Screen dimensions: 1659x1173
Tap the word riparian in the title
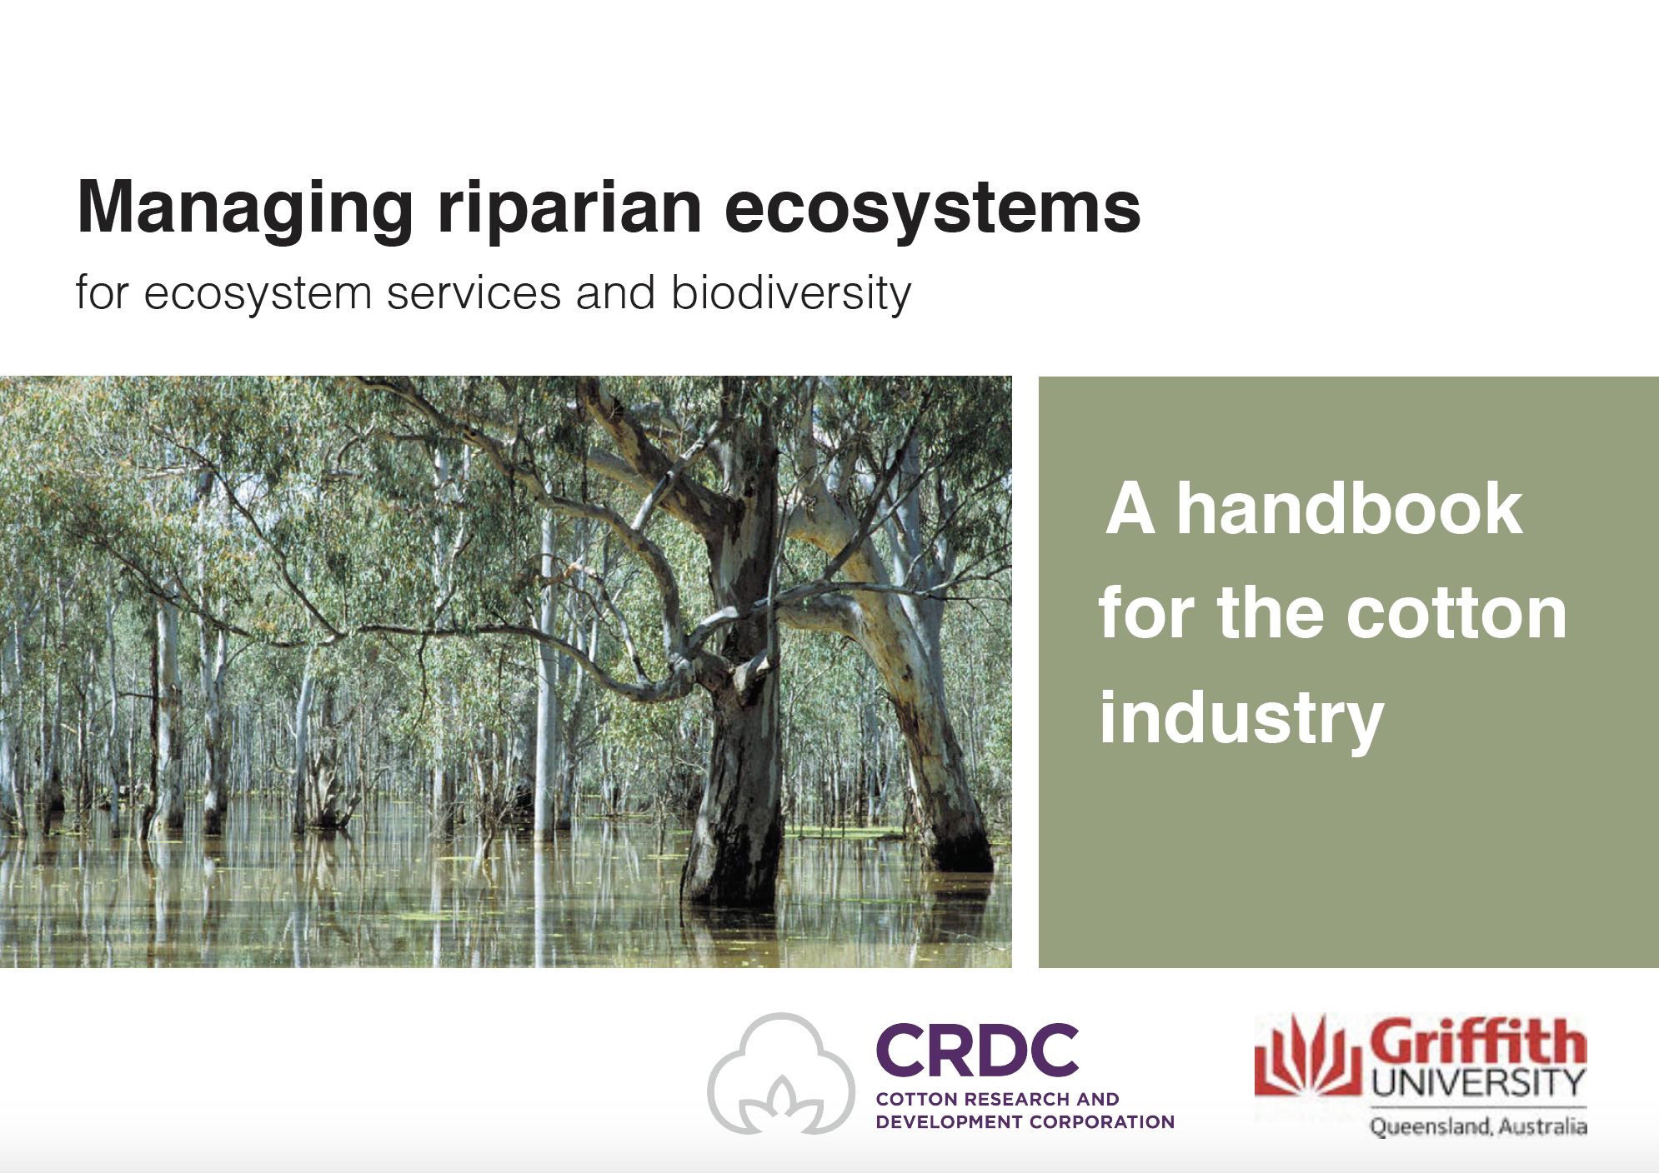pos(569,208)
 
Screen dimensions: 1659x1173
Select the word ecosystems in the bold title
pos(933,209)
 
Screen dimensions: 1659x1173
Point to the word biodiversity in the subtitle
pos(791,294)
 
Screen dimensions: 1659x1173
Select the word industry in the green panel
pos(1241,718)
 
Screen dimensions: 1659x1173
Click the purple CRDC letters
pos(977,1051)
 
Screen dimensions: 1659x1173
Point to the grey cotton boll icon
pos(781,1074)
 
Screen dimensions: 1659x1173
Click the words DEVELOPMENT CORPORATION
pos(1025,1122)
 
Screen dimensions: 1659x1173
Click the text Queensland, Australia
pos(1478,1126)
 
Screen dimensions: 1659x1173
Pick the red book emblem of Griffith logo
pos(1306,1056)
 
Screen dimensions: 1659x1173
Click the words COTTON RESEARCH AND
pos(997,1099)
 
